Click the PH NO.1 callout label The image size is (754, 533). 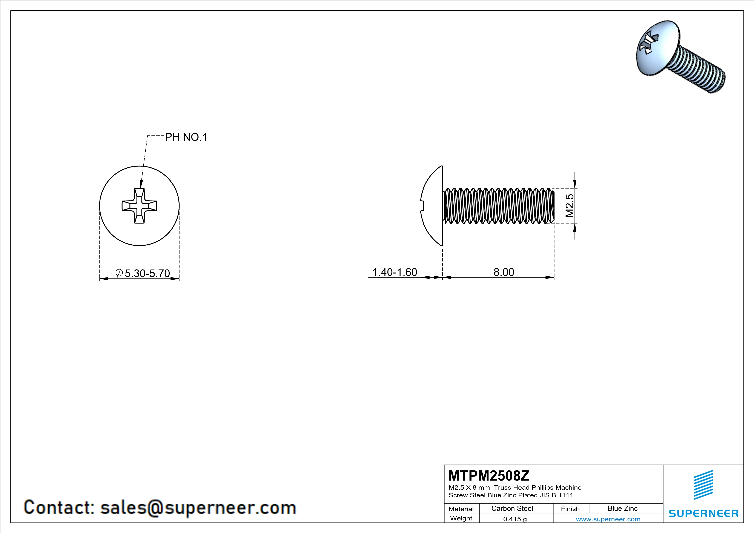click(186, 137)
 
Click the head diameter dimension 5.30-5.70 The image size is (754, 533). click(147, 273)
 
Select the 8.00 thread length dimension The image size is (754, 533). click(504, 272)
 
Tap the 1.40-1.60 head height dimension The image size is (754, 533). click(394, 272)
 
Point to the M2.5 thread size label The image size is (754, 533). click(570, 206)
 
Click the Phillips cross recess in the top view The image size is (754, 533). click(139, 206)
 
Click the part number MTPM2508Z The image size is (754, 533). click(489, 475)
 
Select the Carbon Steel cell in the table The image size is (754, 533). click(512, 508)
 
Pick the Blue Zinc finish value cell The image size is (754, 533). click(622, 508)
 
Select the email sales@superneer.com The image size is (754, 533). click(198, 507)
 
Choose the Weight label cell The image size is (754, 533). click(461, 518)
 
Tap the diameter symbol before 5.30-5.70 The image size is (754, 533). click(119, 272)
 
